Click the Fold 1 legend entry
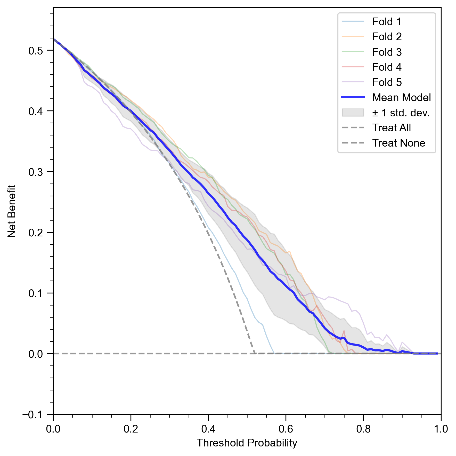(x=387, y=22)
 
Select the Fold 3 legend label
(x=387, y=52)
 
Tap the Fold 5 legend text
(x=387, y=82)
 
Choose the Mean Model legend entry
(x=401, y=98)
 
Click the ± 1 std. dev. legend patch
(x=353, y=113)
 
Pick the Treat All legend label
(x=391, y=128)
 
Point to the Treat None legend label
(x=398, y=143)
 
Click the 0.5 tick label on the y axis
(x=36, y=51)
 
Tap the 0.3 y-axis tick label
(x=36, y=172)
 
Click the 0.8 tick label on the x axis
(x=363, y=429)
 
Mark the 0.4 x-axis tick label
(x=208, y=429)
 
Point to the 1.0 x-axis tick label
(x=441, y=429)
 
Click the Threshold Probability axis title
(x=247, y=443)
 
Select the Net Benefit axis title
(x=12, y=211)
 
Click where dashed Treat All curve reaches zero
(x=255, y=353)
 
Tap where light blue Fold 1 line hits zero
(x=274, y=353)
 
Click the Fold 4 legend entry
(x=387, y=67)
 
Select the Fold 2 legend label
(x=387, y=37)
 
